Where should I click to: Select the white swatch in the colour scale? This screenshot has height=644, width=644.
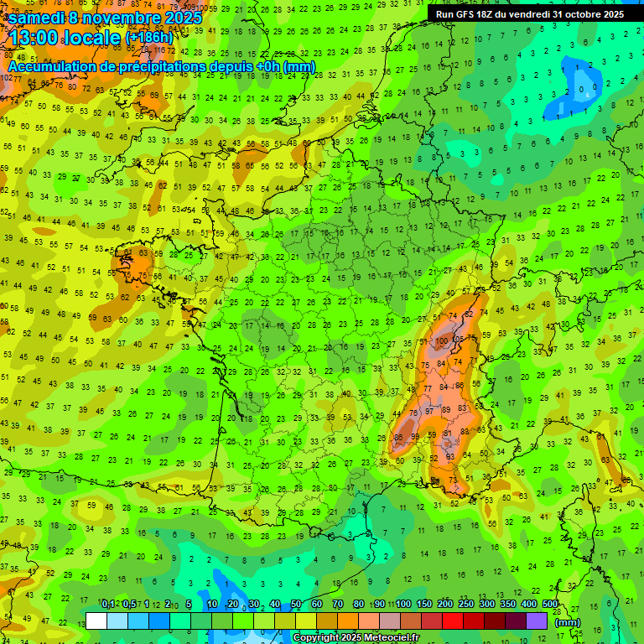96,621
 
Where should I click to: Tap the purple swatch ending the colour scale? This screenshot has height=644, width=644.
537,621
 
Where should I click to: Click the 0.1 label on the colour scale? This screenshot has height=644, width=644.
108,605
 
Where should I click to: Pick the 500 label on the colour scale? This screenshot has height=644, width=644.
550,605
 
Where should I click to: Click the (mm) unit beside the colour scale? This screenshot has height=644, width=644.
568,622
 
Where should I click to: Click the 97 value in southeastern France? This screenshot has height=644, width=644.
428,412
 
